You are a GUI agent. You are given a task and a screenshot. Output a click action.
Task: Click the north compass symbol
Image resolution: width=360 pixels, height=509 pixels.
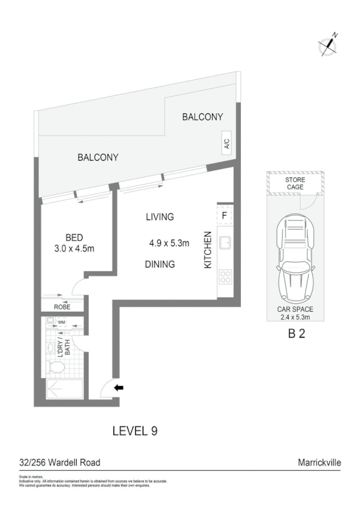click(x=328, y=44)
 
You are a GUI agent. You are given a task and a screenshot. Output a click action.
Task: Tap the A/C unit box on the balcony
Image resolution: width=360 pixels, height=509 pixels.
click(x=227, y=144)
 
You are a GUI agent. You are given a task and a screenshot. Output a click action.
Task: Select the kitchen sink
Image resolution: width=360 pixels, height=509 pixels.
click(x=226, y=243)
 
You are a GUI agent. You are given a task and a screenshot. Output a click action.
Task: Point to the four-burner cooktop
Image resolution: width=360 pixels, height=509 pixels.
click(x=226, y=277)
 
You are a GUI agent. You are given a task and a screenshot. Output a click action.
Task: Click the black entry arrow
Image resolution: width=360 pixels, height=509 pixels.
click(x=119, y=388)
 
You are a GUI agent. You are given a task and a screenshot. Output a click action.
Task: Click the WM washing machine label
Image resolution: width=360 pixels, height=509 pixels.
click(x=60, y=323)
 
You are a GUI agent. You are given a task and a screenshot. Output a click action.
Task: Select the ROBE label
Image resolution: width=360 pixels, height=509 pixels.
click(x=62, y=306)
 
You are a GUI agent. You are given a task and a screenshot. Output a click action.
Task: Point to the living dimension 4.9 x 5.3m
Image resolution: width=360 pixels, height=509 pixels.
click(x=169, y=243)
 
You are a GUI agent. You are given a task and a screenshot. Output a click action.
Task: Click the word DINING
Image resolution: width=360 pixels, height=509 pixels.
click(x=159, y=264)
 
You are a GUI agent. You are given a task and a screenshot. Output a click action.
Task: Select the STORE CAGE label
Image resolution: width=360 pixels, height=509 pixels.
click(x=294, y=183)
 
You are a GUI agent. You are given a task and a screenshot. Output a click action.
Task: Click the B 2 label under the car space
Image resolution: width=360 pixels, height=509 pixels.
click(x=297, y=335)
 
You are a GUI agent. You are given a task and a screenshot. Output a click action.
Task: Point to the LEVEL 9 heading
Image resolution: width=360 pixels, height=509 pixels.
click(x=135, y=430)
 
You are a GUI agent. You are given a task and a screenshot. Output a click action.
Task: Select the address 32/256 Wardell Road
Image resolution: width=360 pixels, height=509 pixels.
click(x=59, y=462)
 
